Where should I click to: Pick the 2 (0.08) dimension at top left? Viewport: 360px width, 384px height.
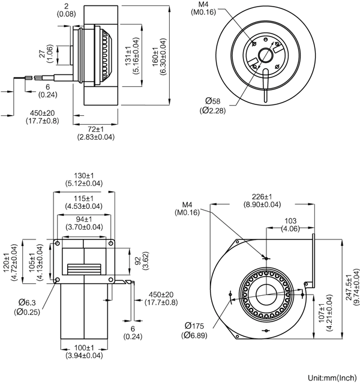[x=65, y=10]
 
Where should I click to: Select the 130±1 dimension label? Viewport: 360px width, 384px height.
[x=83, y=179]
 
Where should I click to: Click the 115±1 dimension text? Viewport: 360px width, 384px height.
[x=83, y=202]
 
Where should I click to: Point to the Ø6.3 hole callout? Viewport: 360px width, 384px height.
[x=29, y=306]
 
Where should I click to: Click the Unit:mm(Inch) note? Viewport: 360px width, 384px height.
[x=332, y=378]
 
